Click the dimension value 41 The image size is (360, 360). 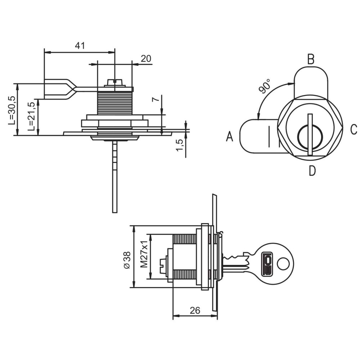tap(80, 46)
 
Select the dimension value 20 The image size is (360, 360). tap(146, 59)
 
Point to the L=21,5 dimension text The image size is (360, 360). tap(32, 116)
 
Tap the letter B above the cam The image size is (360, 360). tap(311, 59)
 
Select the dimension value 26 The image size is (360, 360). tap(195, 310)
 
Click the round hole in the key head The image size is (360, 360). tap(283, 264)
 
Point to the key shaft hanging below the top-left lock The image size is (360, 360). tap(114, 176)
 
